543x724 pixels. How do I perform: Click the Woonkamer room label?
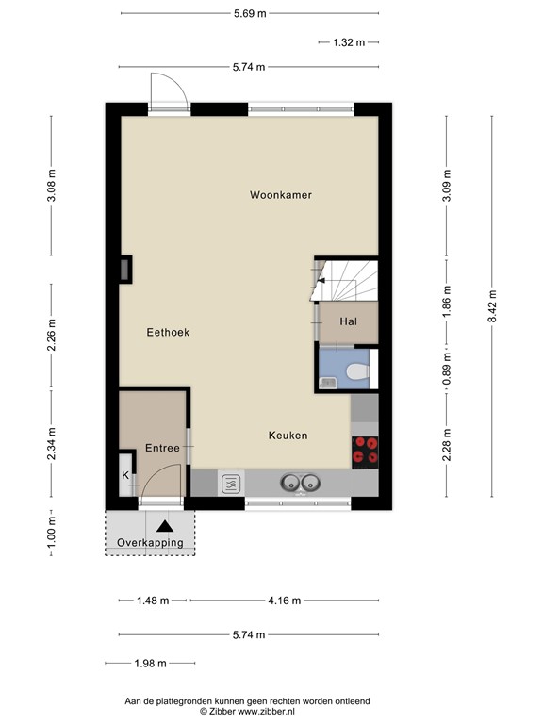(x=281, y=195)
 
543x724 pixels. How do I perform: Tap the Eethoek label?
(x=168, y=332)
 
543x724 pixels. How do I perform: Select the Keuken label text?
(x=288, y=435)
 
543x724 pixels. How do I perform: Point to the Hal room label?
(x=349, y=321)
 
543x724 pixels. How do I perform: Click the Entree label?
(x=162, y=448)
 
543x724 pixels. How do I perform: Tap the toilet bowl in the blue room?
(x=357, y=371)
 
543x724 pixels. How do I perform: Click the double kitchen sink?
(x=301, y=483)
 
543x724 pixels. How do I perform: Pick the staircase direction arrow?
(x=321, y=280)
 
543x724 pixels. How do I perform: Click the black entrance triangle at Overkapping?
(x=165, y=526)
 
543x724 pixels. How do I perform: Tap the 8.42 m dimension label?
(x=492, y=306)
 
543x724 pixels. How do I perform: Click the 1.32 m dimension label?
(x=349, y=42)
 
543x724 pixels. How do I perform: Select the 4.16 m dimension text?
(x=285, y=601)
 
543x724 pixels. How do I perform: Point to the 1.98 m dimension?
(x=151, y=664)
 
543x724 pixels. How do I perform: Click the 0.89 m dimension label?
(x=447, y=369)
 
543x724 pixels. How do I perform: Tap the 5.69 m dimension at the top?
(x=250, y=13)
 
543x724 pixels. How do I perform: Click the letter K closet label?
(x=125, y=475)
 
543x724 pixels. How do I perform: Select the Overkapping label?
(x=150, y=543)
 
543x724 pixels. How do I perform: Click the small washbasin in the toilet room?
(x=328, y=383)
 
